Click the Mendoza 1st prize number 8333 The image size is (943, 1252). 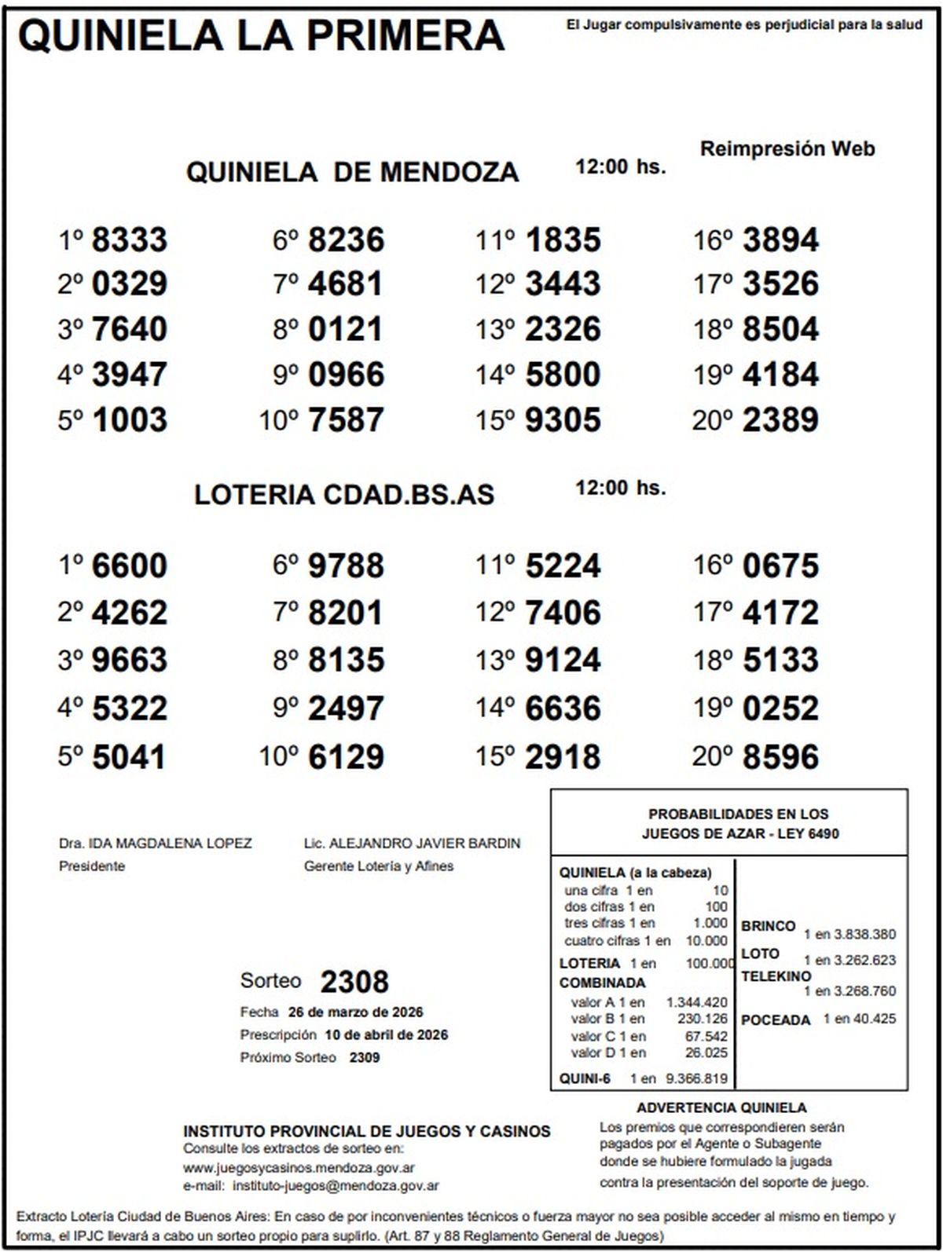[130, 240]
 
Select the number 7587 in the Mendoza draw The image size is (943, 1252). [346, 420]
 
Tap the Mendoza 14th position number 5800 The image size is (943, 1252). [563, 375]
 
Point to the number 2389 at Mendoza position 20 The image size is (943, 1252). [780, 420]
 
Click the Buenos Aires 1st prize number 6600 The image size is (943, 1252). [130, 566]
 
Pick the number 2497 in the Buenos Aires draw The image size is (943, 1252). [346, 708]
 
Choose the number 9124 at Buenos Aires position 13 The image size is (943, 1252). [563, 660]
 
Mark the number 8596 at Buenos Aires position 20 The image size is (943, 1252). [780, 757]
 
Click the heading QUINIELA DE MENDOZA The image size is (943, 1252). [352, 172]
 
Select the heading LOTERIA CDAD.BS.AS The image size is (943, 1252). [344, 495]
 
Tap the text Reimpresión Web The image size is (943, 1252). [787, 149]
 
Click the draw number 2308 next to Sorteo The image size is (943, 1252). [354, 982]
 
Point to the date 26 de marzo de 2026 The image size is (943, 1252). [356, 1012]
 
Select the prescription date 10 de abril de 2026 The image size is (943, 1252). [386, 1034]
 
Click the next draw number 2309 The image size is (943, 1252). [365, 1058]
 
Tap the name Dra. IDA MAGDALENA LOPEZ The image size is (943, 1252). [156, 844]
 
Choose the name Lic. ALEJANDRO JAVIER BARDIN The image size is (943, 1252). [412, 844]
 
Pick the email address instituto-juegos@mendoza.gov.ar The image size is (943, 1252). [336, 1186]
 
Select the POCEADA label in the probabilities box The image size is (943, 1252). [776, 1020]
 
